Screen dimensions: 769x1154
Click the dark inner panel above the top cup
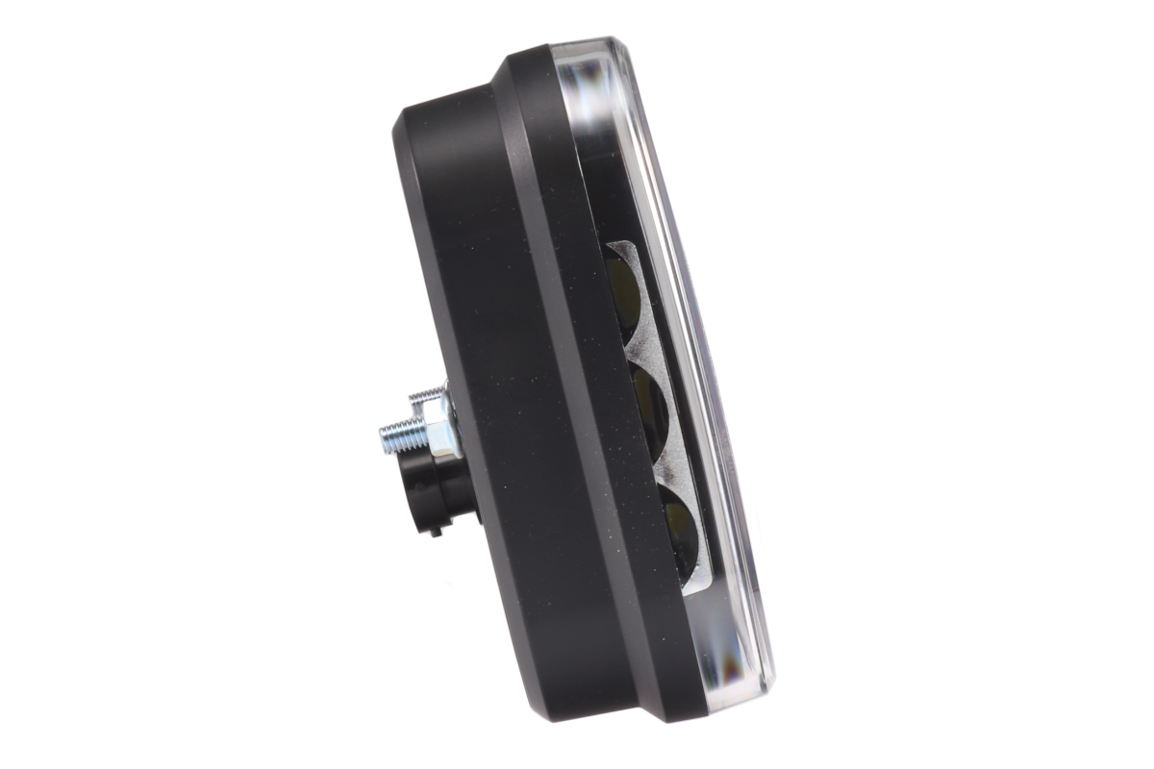coord(601,192)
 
